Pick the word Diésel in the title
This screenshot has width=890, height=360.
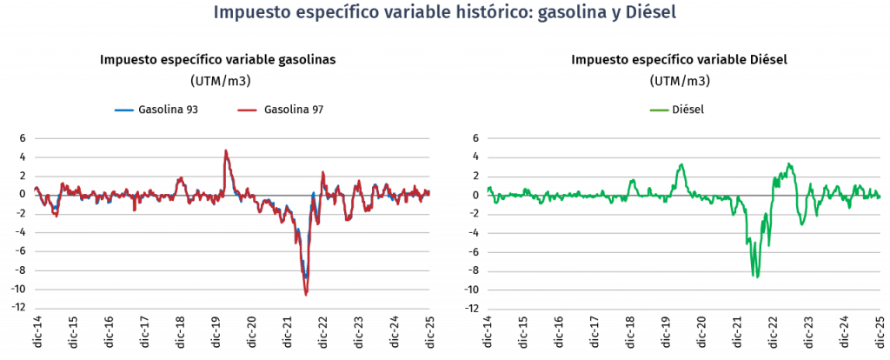click(x=651, y=13)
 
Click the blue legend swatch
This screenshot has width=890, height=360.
click(x=124, y=110)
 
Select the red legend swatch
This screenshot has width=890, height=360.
click(x=247, y=110)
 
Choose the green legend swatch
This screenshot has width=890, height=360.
click(x=660, y=110)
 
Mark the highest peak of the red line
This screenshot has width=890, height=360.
click(x=226, y=150)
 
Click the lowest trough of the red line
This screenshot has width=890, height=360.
click(x=306, y=295)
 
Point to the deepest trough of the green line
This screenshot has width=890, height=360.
click(x=755, y=277)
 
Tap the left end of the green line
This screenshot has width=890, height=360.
click(x=488, y=187)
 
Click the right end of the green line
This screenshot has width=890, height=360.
click(x=880, y=197)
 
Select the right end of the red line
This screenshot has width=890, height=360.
click(x=429, y=192)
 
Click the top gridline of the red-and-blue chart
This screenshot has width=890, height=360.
click(x=232, y=137)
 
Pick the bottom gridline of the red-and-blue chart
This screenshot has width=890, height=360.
click(x=232, y=309)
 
